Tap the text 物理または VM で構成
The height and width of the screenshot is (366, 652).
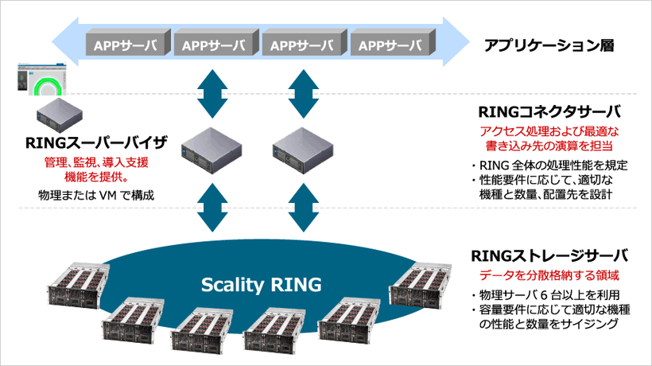[95, 194]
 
